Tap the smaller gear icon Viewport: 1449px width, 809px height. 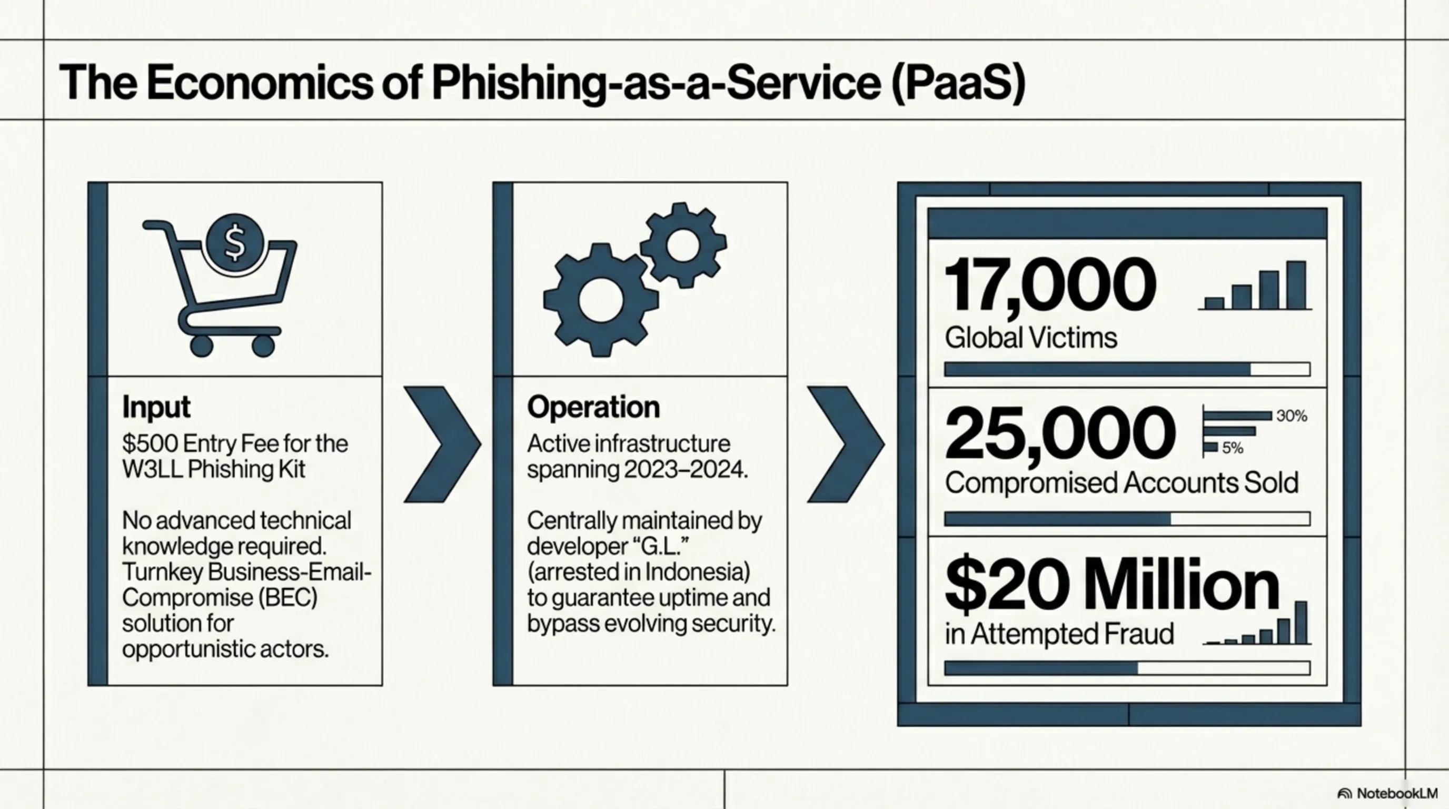coord(683,245)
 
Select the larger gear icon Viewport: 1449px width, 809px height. coord(600,299)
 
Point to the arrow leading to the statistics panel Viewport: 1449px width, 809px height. coord(846,444)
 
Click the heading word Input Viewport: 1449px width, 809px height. coord(156,407)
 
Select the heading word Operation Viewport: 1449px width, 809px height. coord(593,407)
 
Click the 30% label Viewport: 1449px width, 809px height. coord(1292,416)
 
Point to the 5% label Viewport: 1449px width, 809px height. coord(1233,448)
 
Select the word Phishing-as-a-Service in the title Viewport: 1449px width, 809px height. coord(656,82)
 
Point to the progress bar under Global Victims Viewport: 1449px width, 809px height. coord(1127,369)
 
